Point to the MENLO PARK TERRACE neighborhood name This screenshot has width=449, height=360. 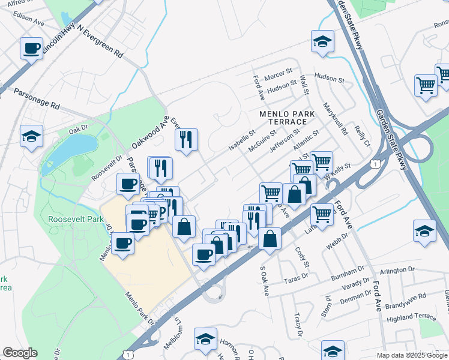click(283, 117)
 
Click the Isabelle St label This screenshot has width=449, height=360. click(242, 140)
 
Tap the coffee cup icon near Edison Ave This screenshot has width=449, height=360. click(32, 47)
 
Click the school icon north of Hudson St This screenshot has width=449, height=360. click(322, 41)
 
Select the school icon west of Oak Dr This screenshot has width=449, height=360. click(31, 136)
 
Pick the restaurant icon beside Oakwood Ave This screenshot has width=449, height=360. click(186, 139)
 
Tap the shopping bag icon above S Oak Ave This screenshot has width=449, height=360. click(270, 238)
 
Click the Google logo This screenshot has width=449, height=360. click(20, 353)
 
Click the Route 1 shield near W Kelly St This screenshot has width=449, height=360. click(375, 163)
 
